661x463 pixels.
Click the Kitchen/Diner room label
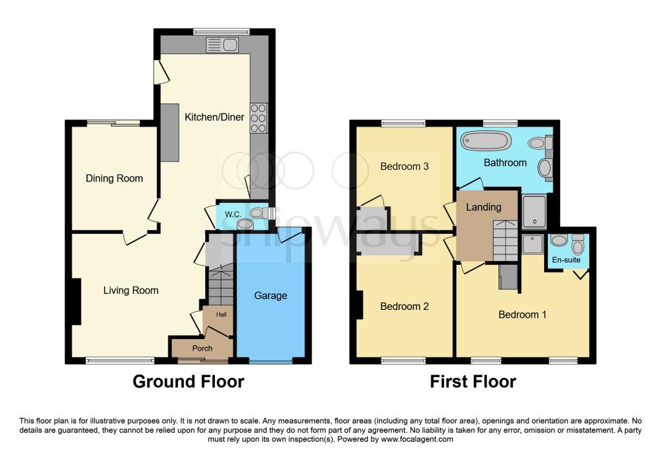[214, 118]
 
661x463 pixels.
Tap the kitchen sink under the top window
[222, 45]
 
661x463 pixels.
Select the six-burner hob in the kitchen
[258, 118]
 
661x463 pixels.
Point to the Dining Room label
[114, 178]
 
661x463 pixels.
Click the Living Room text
[130, 291]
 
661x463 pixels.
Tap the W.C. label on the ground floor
[232, 214]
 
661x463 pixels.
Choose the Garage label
[270, 296]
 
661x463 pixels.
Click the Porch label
[202, 348]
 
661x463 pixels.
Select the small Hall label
[221, 314]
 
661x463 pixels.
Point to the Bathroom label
[505, 163]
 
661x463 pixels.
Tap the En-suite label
[566, 260]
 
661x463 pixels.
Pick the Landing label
[483, 207]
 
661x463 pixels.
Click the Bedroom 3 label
[404, 167]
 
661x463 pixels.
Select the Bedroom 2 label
[404, 307]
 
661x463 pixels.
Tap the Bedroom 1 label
[522, 314]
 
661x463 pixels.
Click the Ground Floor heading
[188, 382]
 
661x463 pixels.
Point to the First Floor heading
[473, 382]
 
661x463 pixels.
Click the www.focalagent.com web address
[417, 439]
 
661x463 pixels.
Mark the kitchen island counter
[170, 132]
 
